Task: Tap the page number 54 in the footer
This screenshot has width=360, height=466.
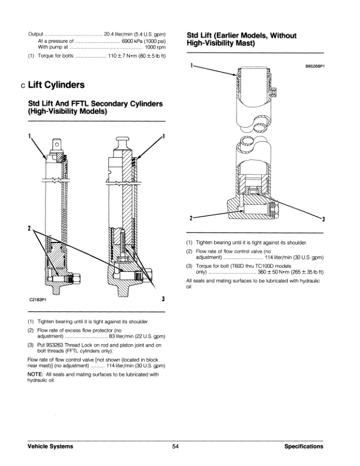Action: [176, 447]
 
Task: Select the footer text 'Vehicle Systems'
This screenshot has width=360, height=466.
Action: [51, 447]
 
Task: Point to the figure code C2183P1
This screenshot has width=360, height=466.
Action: [39, 299]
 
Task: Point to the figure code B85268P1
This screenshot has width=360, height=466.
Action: [314, 67]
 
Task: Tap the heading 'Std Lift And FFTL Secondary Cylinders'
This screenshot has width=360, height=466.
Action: [95, 104]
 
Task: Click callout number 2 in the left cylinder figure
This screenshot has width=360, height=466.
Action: [29, 228]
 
